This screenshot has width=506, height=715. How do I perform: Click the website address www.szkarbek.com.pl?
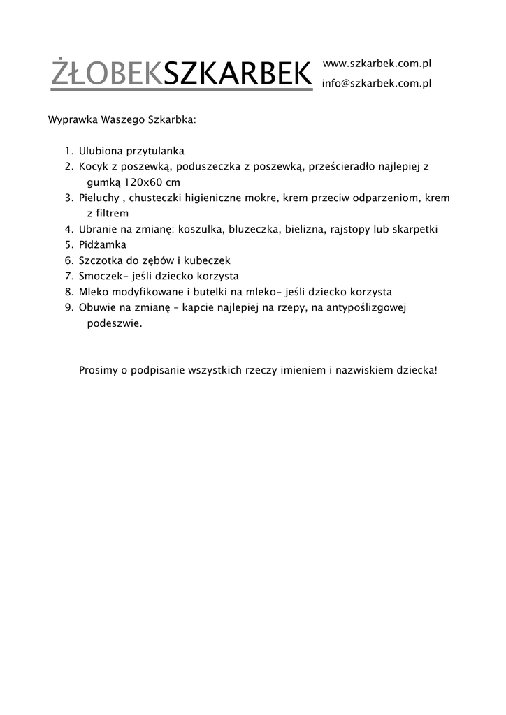coord(376,64)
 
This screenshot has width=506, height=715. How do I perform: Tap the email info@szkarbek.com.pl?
coord(376,84)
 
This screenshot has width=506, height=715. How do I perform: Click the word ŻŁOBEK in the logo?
coord(106,73)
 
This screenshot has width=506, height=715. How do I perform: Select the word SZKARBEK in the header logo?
coord(237,73)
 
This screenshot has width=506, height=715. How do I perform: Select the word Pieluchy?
coord(99,198)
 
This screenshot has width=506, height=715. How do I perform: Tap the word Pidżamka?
coord(103,244)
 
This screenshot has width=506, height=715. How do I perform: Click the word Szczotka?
coord(101,260)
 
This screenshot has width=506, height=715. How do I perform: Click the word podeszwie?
coord(114,323)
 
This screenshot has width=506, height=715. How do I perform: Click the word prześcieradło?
coord(336,167)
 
